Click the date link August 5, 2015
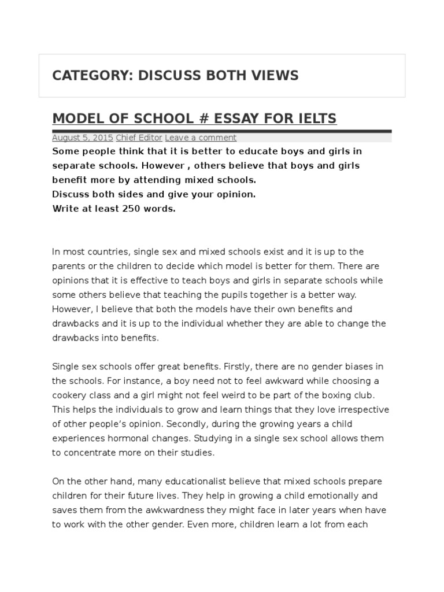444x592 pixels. [83, 138]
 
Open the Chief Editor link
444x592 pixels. [139, 138]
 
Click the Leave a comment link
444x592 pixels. [201, 138]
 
